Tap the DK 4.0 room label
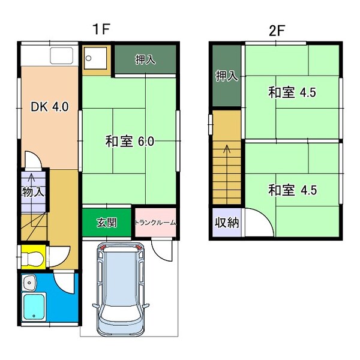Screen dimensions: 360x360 [x=49, y=107]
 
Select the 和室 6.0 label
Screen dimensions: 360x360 [x=130, y=142]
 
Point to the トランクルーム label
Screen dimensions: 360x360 [x=155, y=223]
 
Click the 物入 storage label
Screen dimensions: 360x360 [x=33, y=192]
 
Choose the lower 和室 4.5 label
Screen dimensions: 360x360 [x=292, y=190]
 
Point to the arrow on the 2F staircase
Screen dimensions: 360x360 [x=227, y=153]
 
